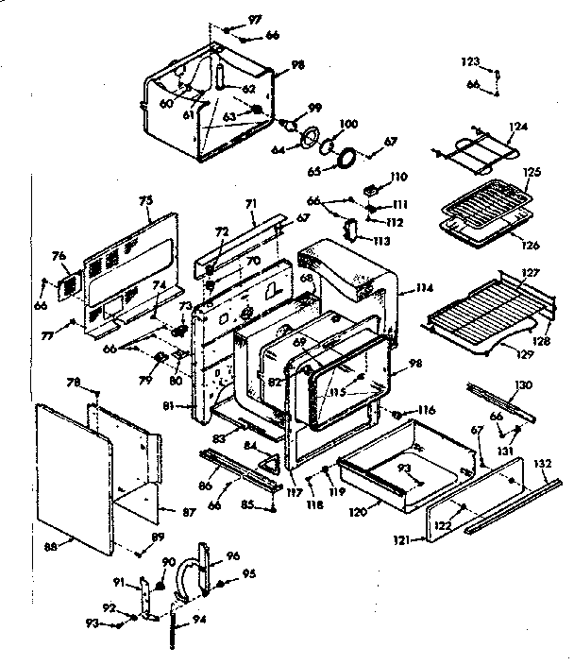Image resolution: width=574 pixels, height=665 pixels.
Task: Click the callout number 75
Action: click(x=146, y=202)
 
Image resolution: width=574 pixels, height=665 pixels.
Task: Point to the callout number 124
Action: click(x=516, y=127)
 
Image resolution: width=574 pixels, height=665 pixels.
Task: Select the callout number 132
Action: click(x=543, y=465)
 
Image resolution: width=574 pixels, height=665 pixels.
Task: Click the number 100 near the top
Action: click(x=347, y=124)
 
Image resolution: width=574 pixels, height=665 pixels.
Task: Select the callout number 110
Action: click(x=397, y=177)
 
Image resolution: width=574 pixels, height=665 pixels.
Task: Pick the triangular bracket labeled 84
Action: click(x=271, y=460)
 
